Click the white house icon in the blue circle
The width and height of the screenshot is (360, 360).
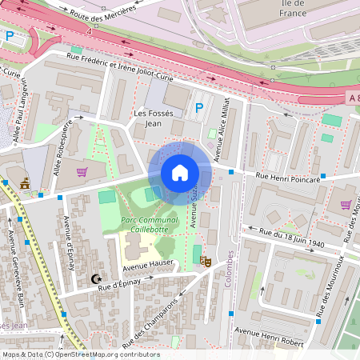click(x=180, y=172)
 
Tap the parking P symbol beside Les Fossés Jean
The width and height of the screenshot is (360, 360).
click(x=199, y=107)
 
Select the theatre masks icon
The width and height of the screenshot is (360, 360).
click(x=205, y=260)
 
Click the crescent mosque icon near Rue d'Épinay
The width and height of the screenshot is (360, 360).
click(x=97, y=279)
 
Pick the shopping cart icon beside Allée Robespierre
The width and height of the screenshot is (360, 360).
click(x=81, y=171)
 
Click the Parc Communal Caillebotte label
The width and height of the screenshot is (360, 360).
click(x=149, y=222)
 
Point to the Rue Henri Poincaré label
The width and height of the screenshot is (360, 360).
click(x=287, y=179)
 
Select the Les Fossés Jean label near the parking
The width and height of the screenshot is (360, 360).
click(x=152, y=118)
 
